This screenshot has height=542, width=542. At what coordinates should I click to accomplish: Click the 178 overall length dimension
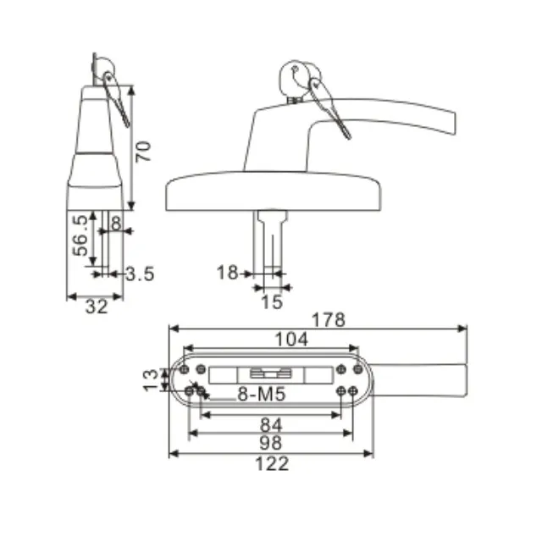click(329, 319)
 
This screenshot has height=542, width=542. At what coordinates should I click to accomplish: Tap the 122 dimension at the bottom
click(271, 463)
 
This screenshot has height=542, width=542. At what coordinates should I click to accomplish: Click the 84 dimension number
click(271, 424)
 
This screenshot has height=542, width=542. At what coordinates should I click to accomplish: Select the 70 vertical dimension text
click(144, 152)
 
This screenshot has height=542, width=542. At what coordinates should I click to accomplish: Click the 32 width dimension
click(97, 307)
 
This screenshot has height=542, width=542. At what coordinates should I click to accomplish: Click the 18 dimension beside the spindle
click(226, 273)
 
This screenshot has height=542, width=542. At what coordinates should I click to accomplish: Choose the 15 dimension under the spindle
click(271, 301)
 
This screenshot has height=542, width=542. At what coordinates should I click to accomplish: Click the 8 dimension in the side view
click(116, 224)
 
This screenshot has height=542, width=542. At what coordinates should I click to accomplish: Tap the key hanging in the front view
click(329, 107)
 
